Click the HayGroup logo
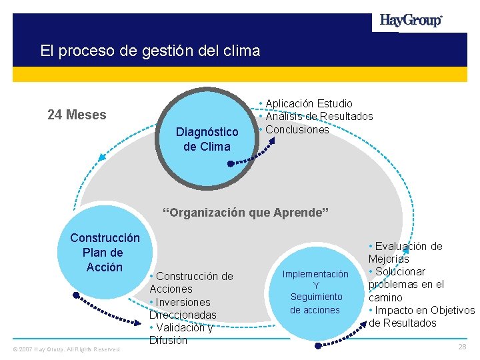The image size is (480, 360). pyautogui.click(x=411, y=20)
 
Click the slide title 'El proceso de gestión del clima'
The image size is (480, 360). pyautogui.click(x=150, y=50)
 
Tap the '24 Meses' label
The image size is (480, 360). pyautogui.click(x=77, y=115)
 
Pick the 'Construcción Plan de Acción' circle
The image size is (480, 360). pyautogui.click(x=104, y=253)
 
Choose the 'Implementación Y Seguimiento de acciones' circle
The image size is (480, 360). pyautogui.click(x=315, y=292)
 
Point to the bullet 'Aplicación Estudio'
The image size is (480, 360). pyautogui.click(x=308, y=103)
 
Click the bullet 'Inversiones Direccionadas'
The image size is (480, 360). pyautogui.click(x=183, y=308)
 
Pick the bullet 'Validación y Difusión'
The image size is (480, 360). pyautogui.click(x=181, y=334)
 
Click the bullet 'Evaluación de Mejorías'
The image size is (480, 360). pyautogui.click(x=404, y=252)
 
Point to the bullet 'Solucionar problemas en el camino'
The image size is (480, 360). pyautogui.click(x=406, y=285)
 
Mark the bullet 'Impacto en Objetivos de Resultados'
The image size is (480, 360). pyautogui.click(x=421, y=317)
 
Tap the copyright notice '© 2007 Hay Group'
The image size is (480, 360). pyautogui.click(x=65, y=349)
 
